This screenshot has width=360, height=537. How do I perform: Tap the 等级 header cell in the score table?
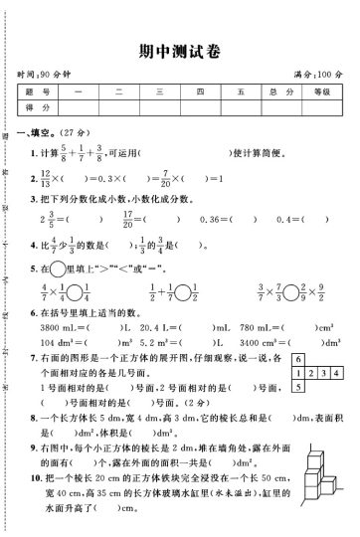[320, 91]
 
